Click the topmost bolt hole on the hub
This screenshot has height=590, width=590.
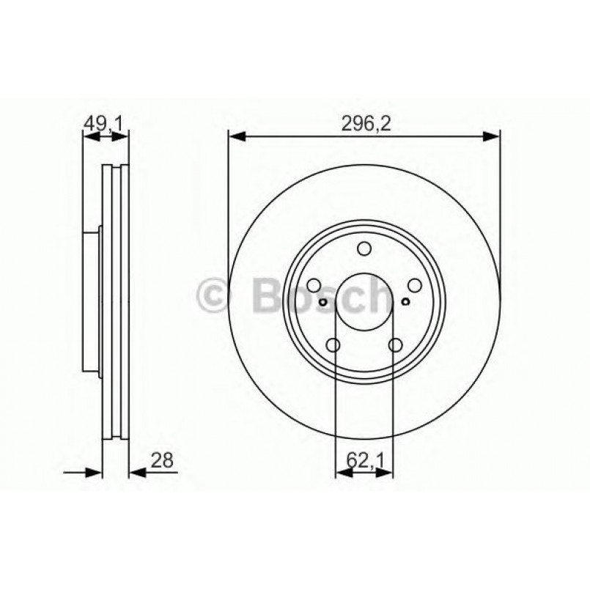364,249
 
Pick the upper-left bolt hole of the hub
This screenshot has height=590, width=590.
314,286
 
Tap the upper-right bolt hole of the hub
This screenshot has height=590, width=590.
415,286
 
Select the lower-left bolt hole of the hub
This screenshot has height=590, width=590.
333,345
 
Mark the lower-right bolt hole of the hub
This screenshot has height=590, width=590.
396,345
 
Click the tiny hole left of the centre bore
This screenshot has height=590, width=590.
322,300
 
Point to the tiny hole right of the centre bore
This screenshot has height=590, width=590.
406,300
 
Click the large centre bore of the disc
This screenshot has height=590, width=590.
364,302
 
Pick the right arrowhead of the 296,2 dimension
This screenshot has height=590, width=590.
493,136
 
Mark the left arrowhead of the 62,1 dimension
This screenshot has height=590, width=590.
341,473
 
